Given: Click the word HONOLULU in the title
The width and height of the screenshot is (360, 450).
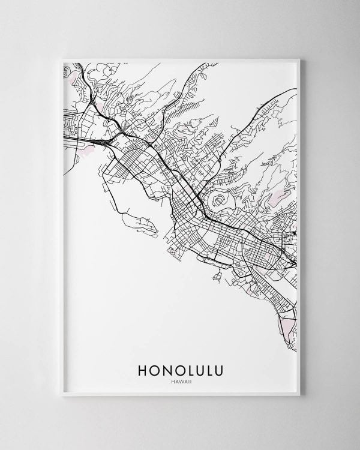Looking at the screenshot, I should [x=179, y=367].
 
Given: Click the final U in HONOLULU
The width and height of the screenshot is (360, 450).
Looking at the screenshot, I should [x=220, y=367].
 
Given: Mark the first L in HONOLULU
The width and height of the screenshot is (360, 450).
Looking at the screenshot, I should [x=188, y=367].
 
